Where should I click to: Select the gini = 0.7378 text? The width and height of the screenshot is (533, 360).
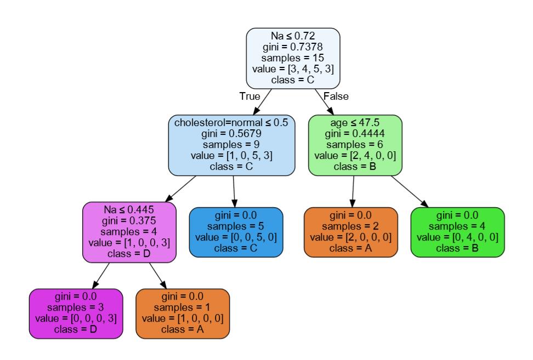coord(293,47)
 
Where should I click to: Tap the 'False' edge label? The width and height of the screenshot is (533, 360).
coord(336,96)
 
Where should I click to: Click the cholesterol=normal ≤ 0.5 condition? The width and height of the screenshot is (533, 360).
coord(231,123)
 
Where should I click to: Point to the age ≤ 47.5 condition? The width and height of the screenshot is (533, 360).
coord(355,123)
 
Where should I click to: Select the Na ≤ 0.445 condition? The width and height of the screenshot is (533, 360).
coord(129,210)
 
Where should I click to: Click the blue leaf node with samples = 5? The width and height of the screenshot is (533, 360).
coord(236,232)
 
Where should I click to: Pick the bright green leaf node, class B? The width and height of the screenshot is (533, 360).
coord(457,232)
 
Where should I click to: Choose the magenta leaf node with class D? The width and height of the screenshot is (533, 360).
coord(76,313)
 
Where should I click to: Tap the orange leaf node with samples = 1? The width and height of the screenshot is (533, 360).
coord(182,313)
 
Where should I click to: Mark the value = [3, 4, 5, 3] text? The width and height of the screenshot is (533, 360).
coord(293,69)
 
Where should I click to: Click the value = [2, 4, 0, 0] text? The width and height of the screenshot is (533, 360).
coord(355,156)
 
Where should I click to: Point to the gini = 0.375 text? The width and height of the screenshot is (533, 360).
coord(129,221)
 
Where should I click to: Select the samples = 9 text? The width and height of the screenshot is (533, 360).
coord(231,145)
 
